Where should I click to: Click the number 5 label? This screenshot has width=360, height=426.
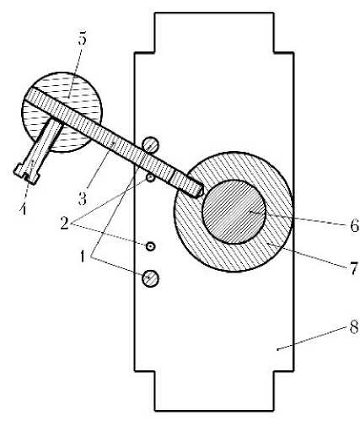coord(83,39)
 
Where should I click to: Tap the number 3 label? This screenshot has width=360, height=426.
coord(82,199)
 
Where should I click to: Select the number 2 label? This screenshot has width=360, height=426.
coord(64,223)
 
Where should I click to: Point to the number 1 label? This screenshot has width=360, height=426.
coord(82,256)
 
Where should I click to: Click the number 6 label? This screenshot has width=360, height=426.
coord(354,225)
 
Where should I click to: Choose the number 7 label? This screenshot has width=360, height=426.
coord(353,268)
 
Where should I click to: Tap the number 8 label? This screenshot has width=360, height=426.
coord(354,327)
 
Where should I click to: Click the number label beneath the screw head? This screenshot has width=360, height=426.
coord(24,208)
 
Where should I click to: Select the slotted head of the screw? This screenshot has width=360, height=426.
coord(26,174)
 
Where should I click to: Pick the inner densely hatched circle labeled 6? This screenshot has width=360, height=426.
coord(234,212)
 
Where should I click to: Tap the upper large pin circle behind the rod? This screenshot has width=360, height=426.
coord(151,145)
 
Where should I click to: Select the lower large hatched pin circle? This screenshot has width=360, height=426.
coord(150,278)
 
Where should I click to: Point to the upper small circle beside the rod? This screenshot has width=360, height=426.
coord(150,178)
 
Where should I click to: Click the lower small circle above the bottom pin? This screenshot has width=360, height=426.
coord(151,246)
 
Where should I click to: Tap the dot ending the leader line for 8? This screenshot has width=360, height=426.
coord(277,350)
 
